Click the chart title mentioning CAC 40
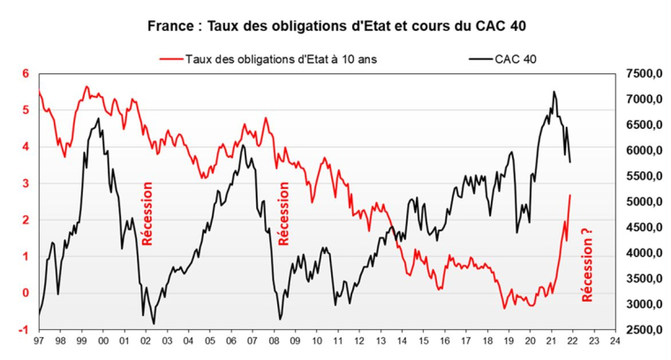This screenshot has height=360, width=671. pos(335,26)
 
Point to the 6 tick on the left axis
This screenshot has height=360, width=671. pos(26,73)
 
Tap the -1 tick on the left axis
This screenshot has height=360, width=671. pos(26,329)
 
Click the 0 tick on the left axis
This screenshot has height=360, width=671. pos(26,293)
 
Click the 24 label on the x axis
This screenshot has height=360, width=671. pos(614,340)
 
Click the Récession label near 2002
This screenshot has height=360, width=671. pos(147,213)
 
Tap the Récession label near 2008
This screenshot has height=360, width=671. pos(283,213)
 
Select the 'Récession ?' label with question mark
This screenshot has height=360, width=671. pos(587,265)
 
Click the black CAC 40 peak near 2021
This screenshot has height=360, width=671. pos(554,91)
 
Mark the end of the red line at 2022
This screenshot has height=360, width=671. pos(570,195)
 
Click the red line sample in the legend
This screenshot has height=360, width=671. pos(171,59)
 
